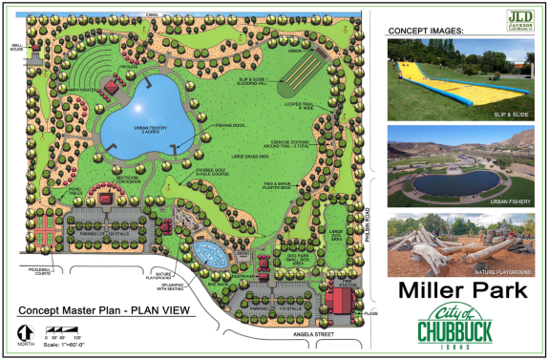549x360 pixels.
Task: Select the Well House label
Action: pyautogui.click(x=15, y=47)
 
